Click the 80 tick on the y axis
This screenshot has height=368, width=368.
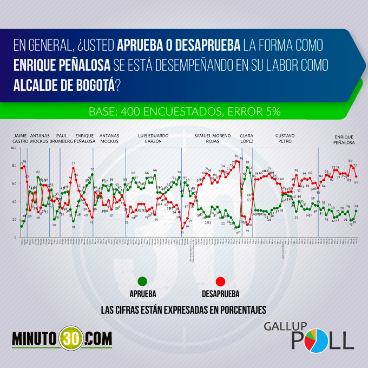click(x=15, y=165)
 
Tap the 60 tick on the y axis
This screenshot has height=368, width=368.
click(x=15, y=183)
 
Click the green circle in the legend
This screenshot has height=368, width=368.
click(x=143, y=281)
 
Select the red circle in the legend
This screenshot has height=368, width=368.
click(x=220, y=281)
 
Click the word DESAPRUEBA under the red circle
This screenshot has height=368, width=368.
click(x=220, y=294)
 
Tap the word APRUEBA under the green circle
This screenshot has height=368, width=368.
click(x=143, y=294)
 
